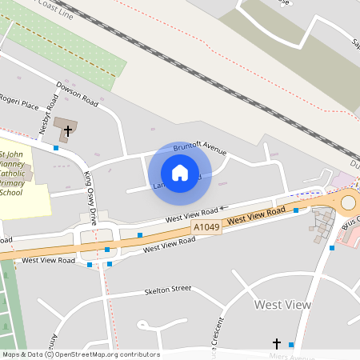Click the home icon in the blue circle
coord(180,172)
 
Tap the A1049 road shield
coord(206,228)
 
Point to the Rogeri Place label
coord(19,105)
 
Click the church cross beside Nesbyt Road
coord(68,130)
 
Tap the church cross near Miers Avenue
coord(278,342)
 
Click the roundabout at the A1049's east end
coord(349,202)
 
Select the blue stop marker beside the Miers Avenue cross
coord(291,345)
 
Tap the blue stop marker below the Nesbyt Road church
coord(56,148)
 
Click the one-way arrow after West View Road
coord(225,208)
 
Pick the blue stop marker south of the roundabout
coord(332,248)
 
